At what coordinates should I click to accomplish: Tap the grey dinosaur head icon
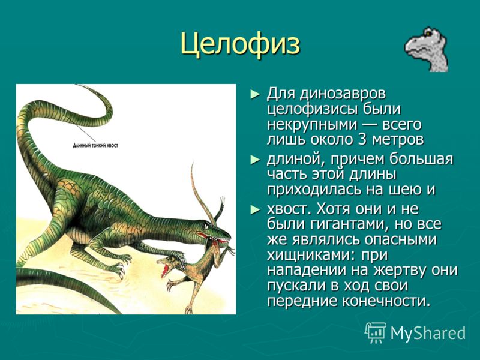(427, 50)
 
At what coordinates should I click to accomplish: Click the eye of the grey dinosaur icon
(428, 34)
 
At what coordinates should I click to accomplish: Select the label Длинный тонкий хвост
(95, 145)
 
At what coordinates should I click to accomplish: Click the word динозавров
(343, 94)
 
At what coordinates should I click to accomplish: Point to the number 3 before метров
(362, 140)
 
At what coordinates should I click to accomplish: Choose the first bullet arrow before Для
(255, 94)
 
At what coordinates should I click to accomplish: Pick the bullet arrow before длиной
(255, 160)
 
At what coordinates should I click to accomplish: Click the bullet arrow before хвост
(255, 209)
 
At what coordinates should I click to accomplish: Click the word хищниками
(311, 256)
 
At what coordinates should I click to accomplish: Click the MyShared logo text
(428, 333)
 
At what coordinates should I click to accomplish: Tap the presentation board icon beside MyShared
(376, 332)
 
